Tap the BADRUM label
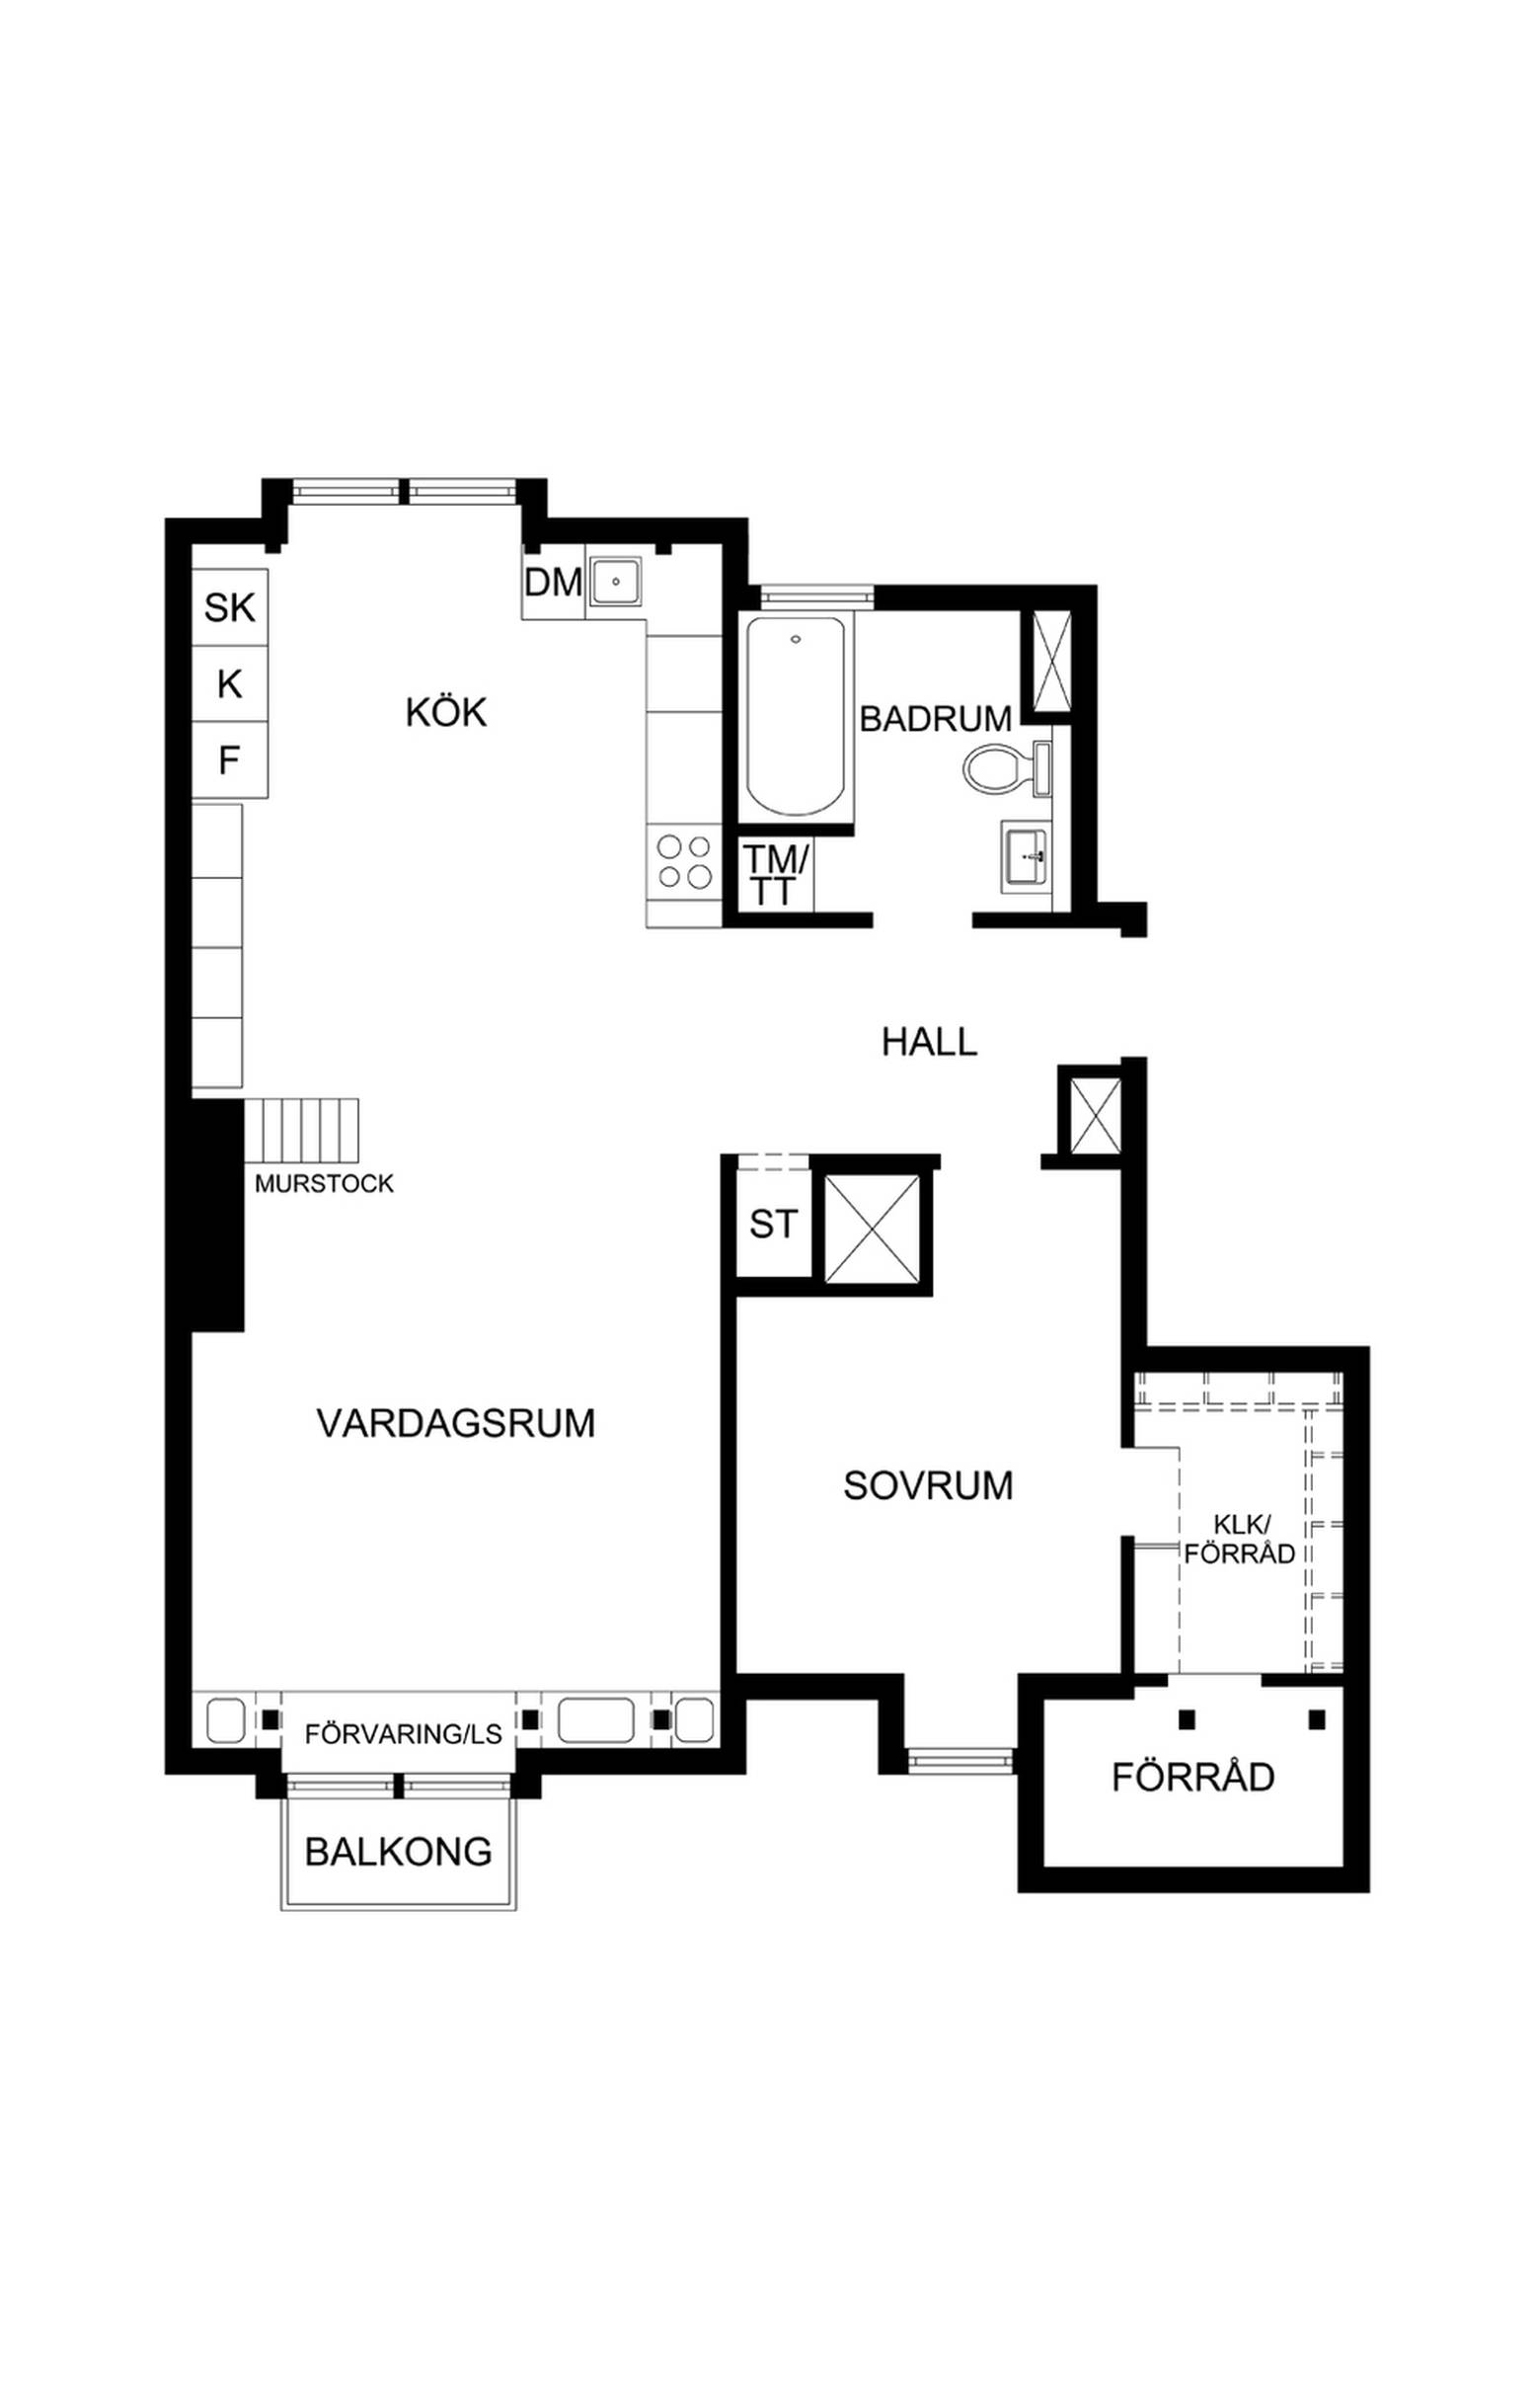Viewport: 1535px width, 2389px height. tap(935, 718)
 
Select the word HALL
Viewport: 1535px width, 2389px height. tap(929, 1042)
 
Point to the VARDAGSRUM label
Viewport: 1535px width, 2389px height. tap(455, 1423)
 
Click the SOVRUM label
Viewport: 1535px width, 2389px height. tap(928, 1485)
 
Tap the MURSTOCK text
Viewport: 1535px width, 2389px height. tap(324, 1183)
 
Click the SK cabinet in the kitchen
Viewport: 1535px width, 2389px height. tap(230, 607)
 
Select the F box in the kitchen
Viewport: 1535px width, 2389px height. tap(230, 760)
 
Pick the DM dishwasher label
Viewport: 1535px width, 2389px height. tap(553, 583)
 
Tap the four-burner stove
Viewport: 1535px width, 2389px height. tap(684, 862)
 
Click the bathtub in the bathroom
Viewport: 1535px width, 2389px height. tap(795, 717)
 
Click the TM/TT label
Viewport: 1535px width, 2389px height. tap(775, 874)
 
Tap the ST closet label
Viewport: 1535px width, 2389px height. tap(774, 1224)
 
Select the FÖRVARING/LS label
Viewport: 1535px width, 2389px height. tap(404, 1734)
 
